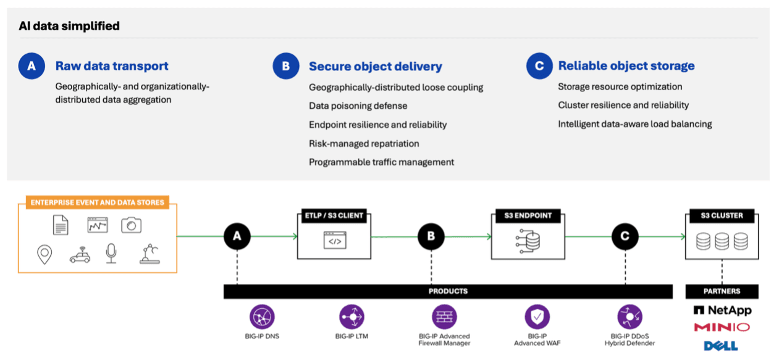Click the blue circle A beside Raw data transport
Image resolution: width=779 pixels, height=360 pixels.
click(32, 66)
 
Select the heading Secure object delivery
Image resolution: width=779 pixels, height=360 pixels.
click(375, 67)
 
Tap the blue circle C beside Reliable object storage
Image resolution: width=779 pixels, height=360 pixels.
click(539, 66)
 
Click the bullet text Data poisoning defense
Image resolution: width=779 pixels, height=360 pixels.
click(358, 106)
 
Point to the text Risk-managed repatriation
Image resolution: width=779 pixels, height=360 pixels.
click(364, 143)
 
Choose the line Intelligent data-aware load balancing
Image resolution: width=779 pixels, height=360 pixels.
click(634, 124)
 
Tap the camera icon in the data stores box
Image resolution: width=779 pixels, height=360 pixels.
click(131, 225)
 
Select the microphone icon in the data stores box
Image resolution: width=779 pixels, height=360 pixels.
click(111, 253)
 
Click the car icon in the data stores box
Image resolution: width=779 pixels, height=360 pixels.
click(80, 254)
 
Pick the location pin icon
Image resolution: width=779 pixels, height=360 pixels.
click(45, 254)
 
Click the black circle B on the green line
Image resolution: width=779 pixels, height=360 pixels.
click(431, 237)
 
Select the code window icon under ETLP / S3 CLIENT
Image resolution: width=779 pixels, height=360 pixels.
click(334, 241)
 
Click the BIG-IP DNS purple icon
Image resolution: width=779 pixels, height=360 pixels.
click(263, 317)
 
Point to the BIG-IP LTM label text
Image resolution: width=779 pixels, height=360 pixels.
click(352, 337)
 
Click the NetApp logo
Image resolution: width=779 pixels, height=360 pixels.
click(722, 310)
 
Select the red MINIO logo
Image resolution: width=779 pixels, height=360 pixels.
click(722, 327)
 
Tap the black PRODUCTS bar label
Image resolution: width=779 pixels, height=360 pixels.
click(448, 291)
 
